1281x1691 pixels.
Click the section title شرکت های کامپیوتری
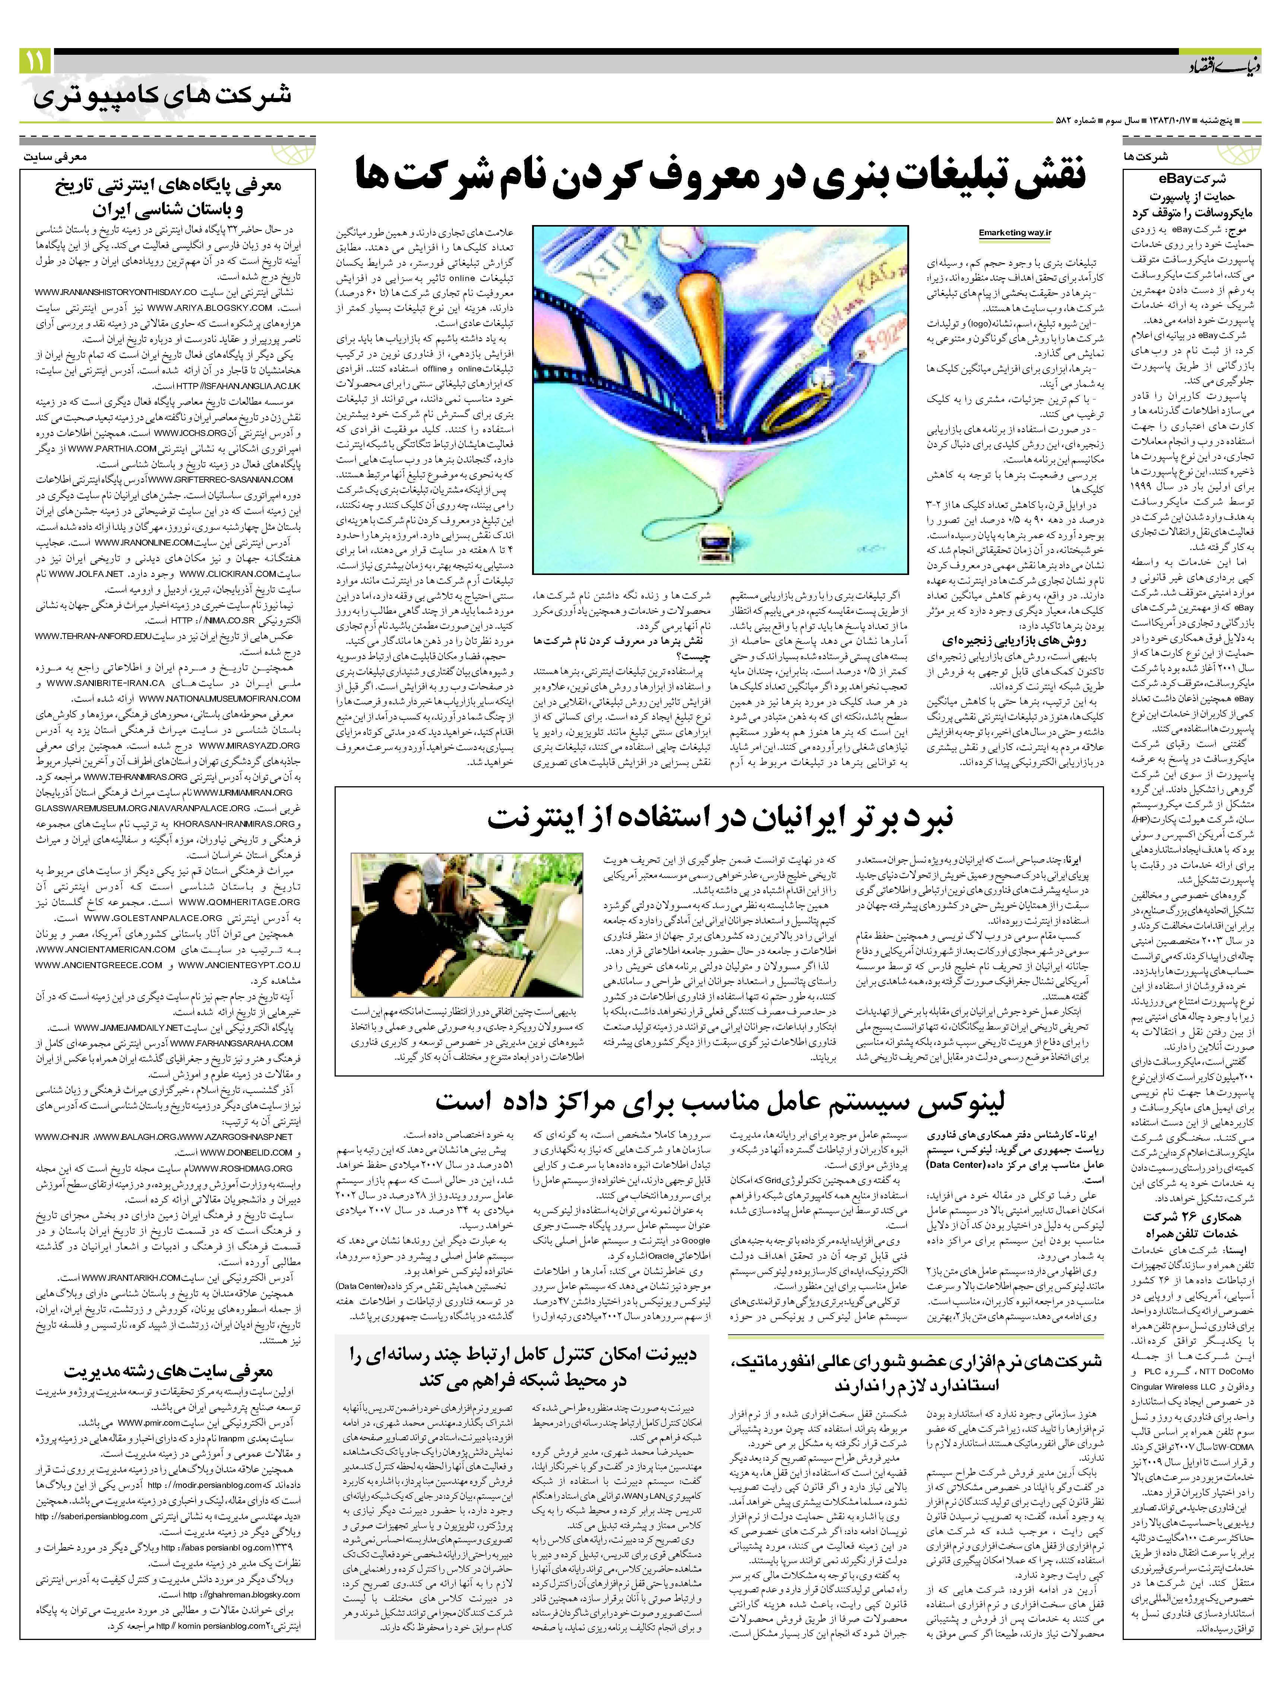(x=162, y=97)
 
